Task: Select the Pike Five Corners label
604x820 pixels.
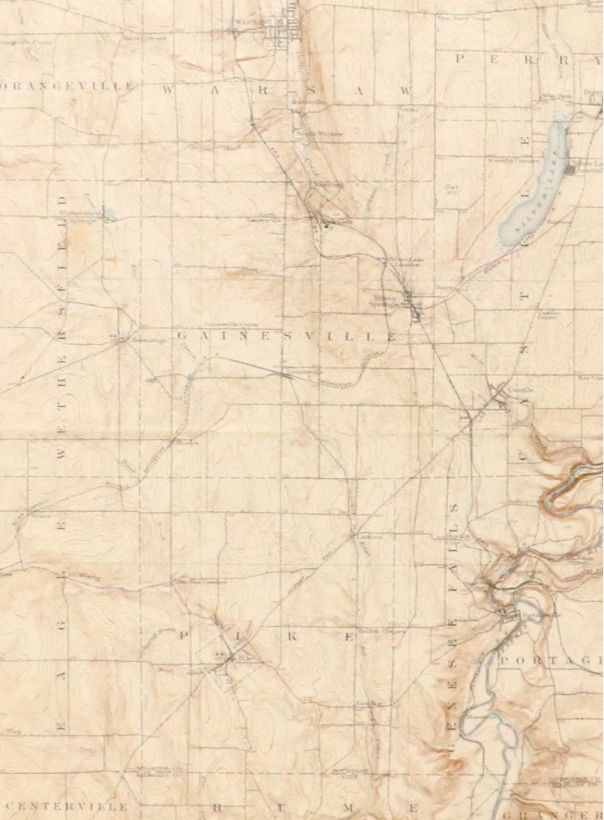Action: click(202, 582)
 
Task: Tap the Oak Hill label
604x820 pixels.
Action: click(453, 187)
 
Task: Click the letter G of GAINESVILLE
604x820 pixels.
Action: click(181, 334)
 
